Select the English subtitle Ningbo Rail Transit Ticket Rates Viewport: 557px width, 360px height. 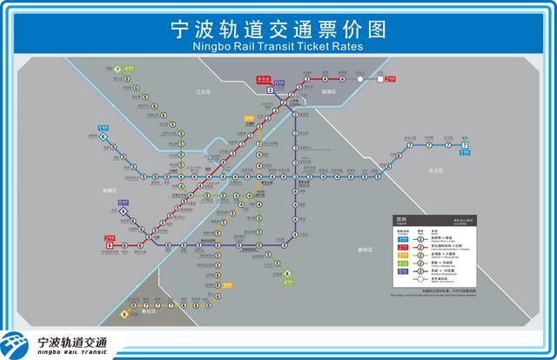(278, 47)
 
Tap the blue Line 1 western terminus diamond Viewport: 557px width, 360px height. (104, 137)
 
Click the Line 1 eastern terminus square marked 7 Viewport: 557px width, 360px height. (465, 145)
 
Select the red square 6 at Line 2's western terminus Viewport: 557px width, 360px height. (111, 245)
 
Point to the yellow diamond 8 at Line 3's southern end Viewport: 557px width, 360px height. (124, 315)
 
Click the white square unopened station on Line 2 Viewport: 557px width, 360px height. (381, 79)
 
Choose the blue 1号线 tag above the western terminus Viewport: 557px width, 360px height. (102, 129)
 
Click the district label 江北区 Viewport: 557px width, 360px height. (205, 90)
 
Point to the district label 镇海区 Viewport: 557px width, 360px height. (328, 90)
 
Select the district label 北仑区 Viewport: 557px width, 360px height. (436, 170)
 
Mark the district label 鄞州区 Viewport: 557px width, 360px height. (366, 249)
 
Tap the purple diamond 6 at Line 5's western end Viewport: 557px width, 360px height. (124, 210)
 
